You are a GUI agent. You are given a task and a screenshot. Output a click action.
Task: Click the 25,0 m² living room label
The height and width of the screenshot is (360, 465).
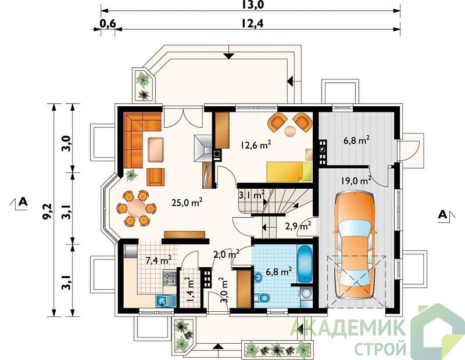[187, 203]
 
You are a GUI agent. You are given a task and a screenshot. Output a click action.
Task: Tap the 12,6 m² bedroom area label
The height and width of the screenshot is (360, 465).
[256, 145]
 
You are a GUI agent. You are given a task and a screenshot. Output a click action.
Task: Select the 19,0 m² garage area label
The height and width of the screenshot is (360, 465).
[356, 180]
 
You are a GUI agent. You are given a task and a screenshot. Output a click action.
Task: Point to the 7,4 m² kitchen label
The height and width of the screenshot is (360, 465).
[159, 260]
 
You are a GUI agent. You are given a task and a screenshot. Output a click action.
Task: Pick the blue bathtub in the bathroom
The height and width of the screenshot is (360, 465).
[305, 264]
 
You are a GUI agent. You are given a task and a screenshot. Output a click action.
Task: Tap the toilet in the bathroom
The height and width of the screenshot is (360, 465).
[262, 297]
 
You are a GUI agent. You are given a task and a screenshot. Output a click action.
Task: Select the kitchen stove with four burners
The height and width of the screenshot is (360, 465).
[170, 278]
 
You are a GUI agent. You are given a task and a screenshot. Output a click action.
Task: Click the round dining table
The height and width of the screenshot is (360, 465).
[136, 208]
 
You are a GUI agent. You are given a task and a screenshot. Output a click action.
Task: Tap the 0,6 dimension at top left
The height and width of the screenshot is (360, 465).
[108, 23]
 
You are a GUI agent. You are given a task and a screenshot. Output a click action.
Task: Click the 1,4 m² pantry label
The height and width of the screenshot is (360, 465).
[188, 289]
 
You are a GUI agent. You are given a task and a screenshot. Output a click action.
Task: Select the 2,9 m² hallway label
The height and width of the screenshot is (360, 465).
[298, 226]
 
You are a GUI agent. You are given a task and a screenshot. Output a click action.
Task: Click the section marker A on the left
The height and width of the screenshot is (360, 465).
[23, 201]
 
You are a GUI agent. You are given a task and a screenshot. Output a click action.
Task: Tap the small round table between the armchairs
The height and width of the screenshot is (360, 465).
[290, 131]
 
